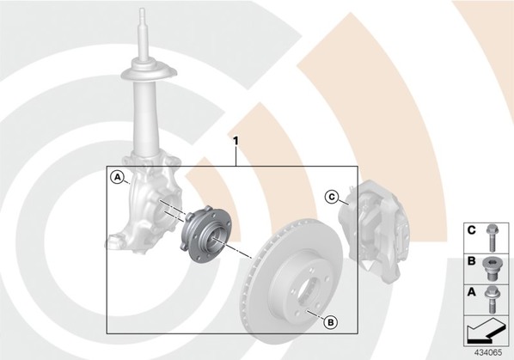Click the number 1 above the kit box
point(236,141)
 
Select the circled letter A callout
point(117,178)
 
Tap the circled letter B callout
point(330,322)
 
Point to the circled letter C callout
point(332,197)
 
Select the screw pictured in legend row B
point(490,269)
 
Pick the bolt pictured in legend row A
point(491,299)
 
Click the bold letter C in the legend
point(471,230)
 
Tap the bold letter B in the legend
point(471,261)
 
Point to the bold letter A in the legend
point(471,291)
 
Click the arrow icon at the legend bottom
point(485,331)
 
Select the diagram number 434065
point(488,352)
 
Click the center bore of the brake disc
point(308,290)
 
